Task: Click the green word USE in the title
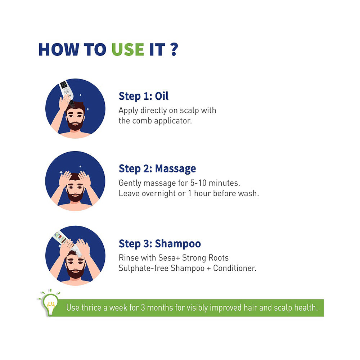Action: (128, 49)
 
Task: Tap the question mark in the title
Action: (174, 49)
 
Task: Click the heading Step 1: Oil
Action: (144, 96)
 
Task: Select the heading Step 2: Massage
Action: (157, 168)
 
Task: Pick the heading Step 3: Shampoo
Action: (160, 244)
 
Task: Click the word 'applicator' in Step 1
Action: (173, 121)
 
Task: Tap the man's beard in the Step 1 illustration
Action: (75, 124)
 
